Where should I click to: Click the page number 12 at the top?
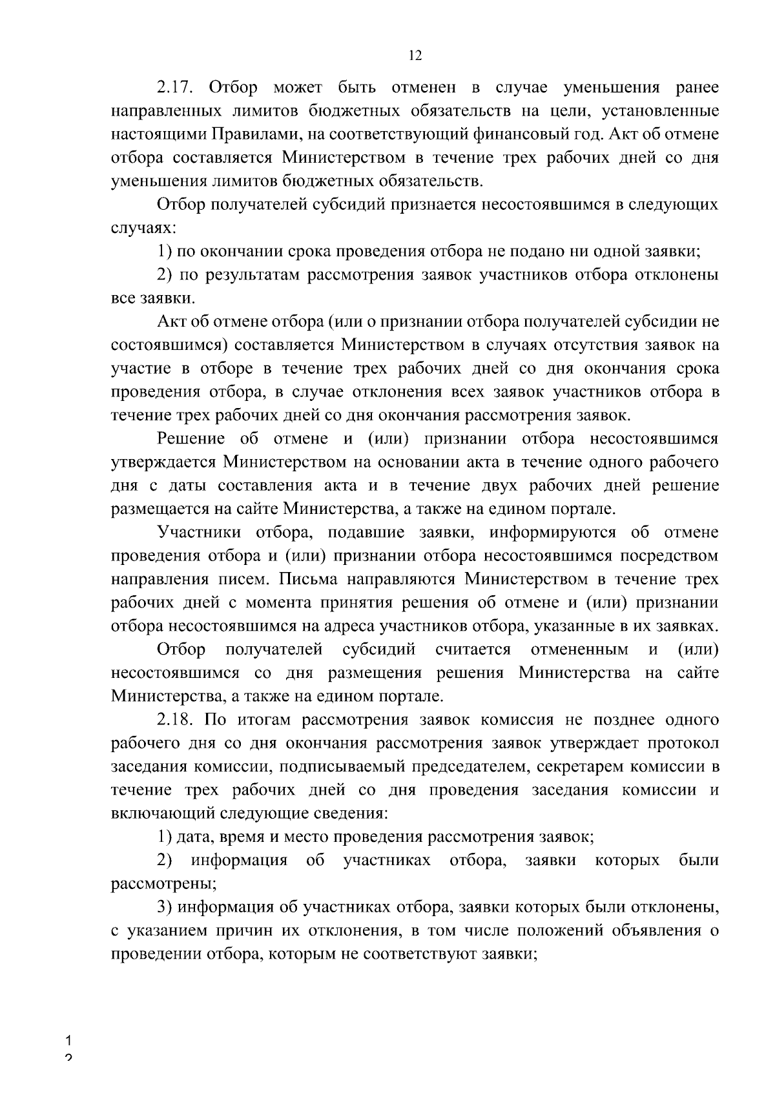pyautogui.click(x=415, y=56)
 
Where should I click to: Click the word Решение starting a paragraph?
pyautogui.click(x=192, y=439)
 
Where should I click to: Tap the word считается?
pyautogui.click(x=473, y=650)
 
